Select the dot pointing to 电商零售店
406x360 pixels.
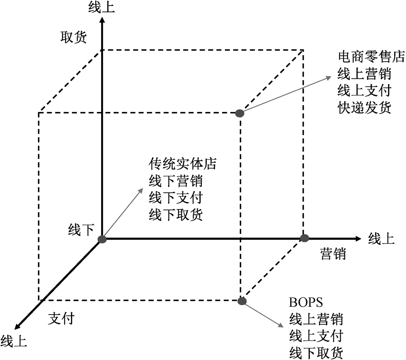pyautogui.click(x=240, y=113)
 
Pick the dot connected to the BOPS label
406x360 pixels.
pyautogui.click(x=242, y=301)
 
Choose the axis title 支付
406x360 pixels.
pyautogui.click(x=61, y=319)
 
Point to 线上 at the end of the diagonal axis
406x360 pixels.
pyautogui.click(x=14, y=341)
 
